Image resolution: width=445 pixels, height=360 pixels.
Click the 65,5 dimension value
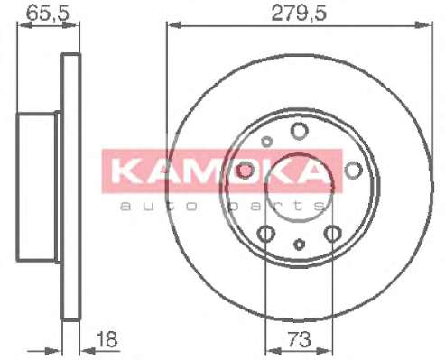click(x=48, y=13)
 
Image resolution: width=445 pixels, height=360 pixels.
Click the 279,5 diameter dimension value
click(x=299, y=13)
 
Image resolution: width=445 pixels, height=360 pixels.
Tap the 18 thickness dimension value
click(x=107, y=339)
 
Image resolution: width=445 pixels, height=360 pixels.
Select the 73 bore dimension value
click(x=299, y=339)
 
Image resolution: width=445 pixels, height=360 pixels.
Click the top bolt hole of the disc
click(x=300, y=131)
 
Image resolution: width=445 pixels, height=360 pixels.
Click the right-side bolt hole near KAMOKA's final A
click(x=353, y=170)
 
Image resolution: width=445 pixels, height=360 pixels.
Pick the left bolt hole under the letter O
click(x=245, y=170)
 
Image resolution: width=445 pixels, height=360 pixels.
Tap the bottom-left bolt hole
click(x=266, y=234)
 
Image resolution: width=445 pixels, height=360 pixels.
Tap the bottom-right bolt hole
click(x=333, y=234)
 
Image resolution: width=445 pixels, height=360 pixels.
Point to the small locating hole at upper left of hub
click(x=266, y=142)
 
